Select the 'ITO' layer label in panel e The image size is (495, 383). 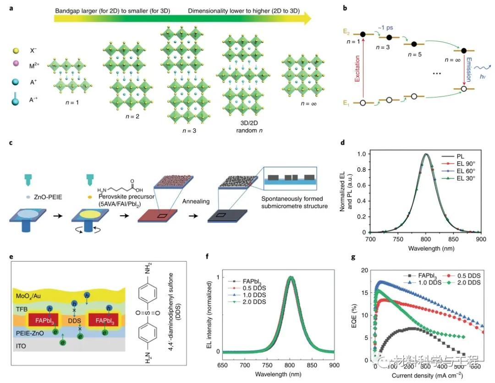click(x=21, y=346)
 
